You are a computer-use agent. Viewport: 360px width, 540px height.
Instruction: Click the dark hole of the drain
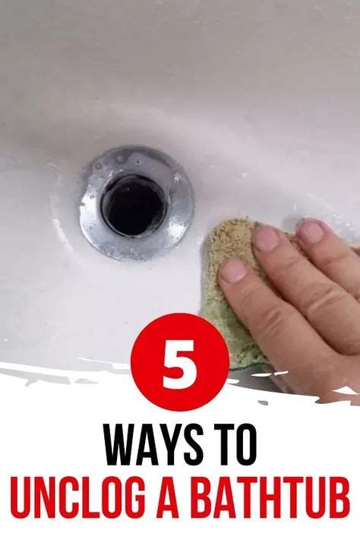coord(134,204)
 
